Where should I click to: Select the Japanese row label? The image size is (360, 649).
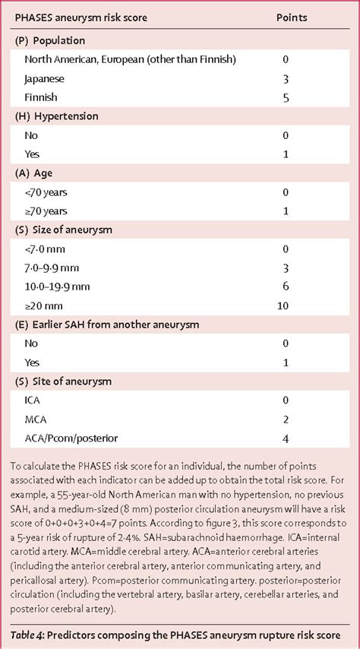tap(45, 78)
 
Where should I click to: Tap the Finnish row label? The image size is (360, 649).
tap(41, 97)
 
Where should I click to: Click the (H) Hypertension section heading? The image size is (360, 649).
tap(58, 116)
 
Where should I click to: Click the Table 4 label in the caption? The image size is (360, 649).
tap(30, 635)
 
